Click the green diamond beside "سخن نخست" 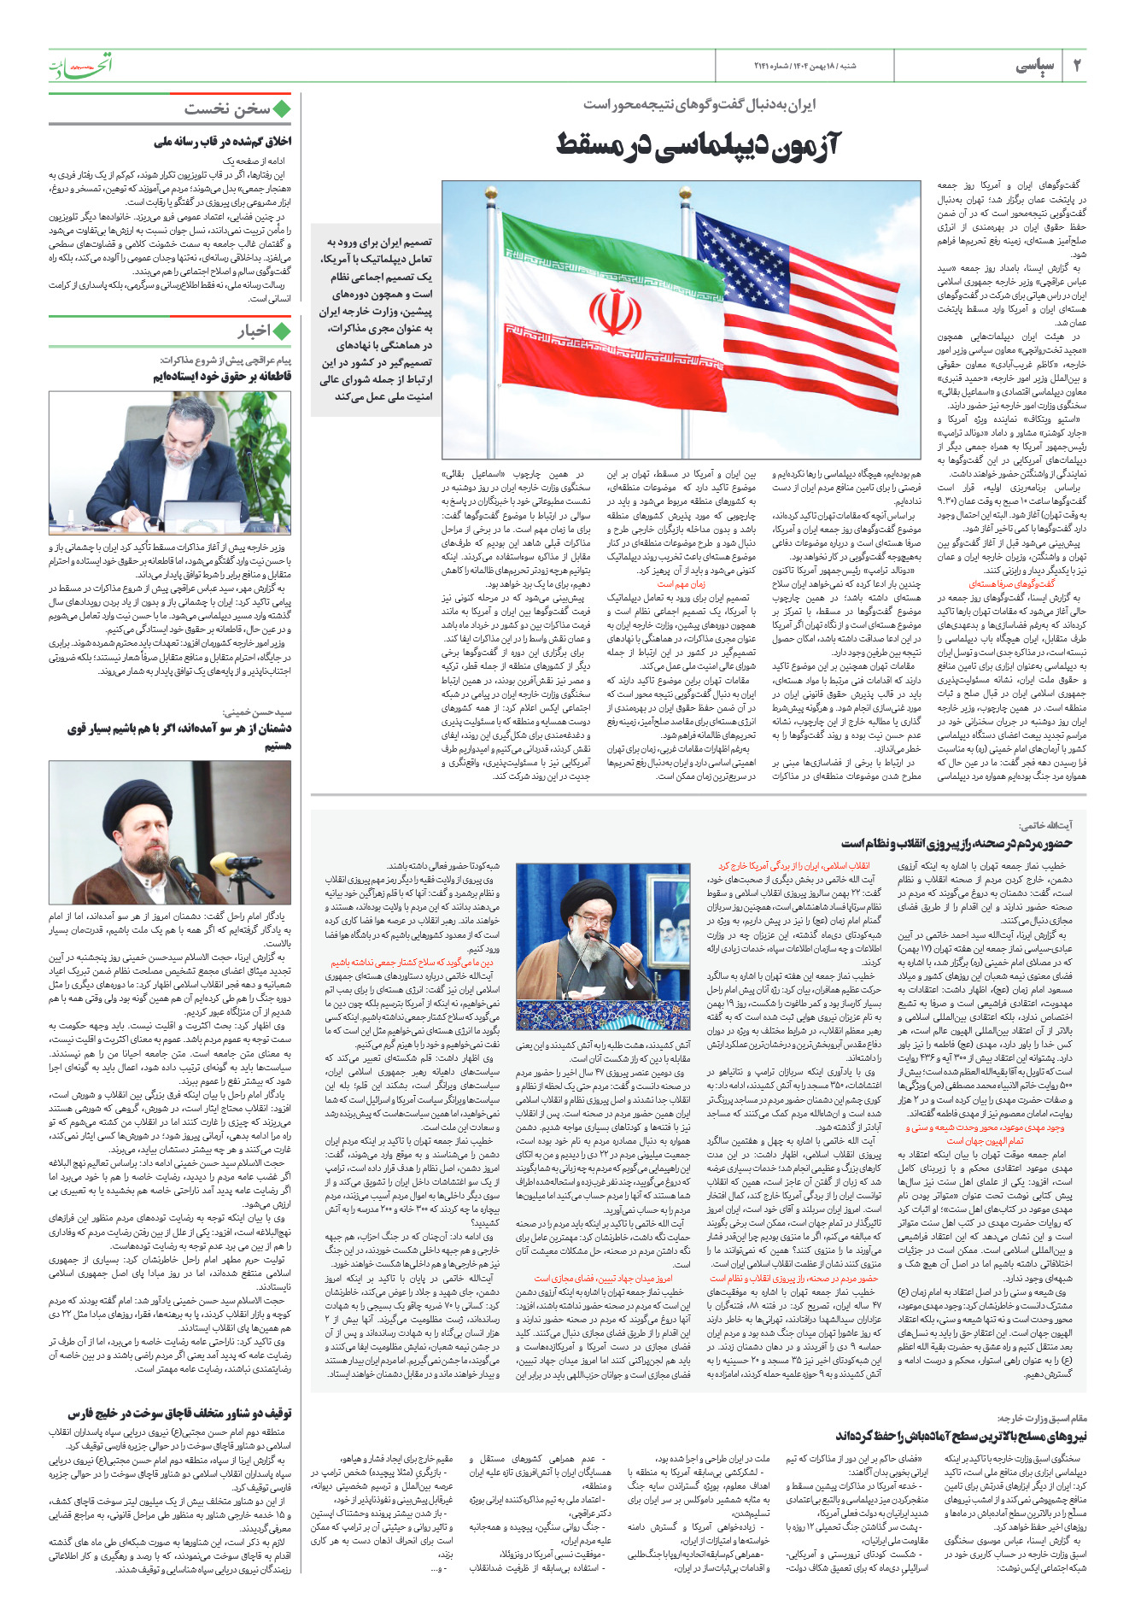(281, 108)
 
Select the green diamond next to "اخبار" (281, 331)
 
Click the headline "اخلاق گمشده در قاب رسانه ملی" (222, 141)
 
